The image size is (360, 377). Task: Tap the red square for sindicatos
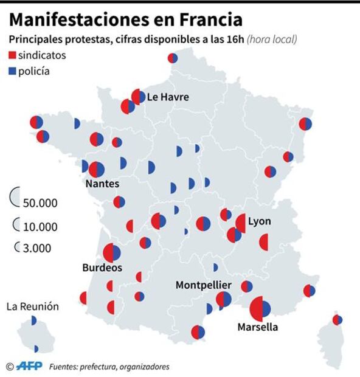(12, 56)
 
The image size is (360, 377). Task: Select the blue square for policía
(12, 72)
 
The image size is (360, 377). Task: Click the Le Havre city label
(168, 97)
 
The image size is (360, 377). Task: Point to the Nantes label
(102, 184)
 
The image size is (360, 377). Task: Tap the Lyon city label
(260, 221)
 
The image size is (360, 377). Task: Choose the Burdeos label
(102, 268)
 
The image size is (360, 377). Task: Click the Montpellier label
(203, 285)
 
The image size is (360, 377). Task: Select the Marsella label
(257, 327)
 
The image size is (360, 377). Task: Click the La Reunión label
(33, 306)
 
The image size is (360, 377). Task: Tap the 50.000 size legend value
(40, 203)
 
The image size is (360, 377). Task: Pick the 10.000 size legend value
(40, 227)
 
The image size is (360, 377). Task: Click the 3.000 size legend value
(37, 248)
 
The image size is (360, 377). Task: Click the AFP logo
(29, 366)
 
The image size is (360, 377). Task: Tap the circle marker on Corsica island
(337, 320)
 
